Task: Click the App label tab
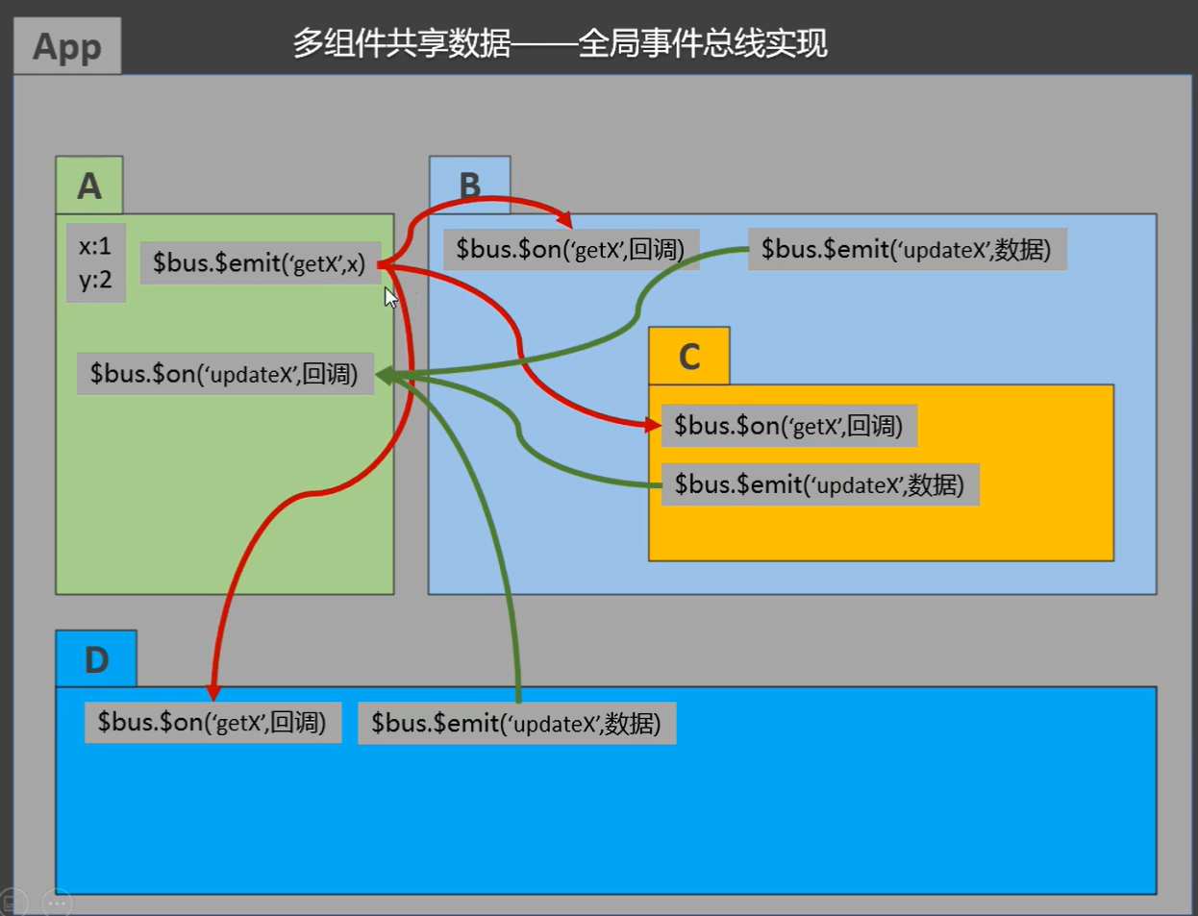click(x=67, y=46)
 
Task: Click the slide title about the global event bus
click(x=560, y=43)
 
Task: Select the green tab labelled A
click(x=89, y=186)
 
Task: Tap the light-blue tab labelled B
click(x=469, y=185)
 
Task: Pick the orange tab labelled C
click(x=688, y=357)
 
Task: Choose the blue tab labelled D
click(x=96, y=659)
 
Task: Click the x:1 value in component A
click(x=95, y=246)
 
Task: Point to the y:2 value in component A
click(x=95, y=280)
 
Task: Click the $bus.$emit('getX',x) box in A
click(x=259, y=263)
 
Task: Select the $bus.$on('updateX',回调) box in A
click(x=224, y=374)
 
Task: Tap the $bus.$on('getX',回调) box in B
click(x=570, y=250)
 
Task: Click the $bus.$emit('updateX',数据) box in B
click(x=907, y=250)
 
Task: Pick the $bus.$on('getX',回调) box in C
click(x=788, y=426)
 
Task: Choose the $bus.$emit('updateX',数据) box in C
click(x=819, y=484)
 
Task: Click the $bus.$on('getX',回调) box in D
click(x=212, y=723)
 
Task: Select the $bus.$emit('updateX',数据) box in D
click(x=516, y=724)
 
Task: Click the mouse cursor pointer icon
click(x=390, y=298)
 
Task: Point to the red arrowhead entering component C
click(x=653, y=424)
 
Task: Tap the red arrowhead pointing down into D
click(x=213, y=693)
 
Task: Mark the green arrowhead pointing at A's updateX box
click(x=384, y=376)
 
